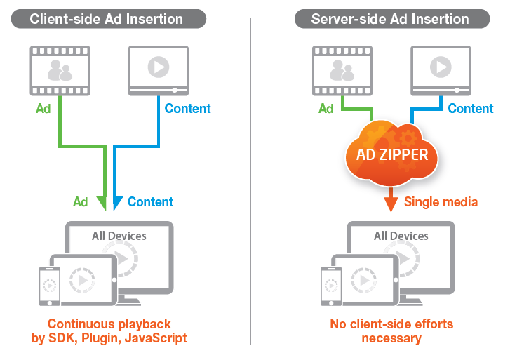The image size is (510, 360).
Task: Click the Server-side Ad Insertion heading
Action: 390,18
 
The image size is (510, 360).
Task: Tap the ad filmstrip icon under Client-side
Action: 60,70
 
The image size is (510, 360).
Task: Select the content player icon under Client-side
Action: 158,70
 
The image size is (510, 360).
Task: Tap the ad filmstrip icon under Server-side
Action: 342,70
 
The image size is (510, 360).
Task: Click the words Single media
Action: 441,202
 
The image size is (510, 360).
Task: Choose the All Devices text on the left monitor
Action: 119,236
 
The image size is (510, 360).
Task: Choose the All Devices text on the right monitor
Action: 401,236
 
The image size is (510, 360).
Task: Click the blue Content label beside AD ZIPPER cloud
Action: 471,109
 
